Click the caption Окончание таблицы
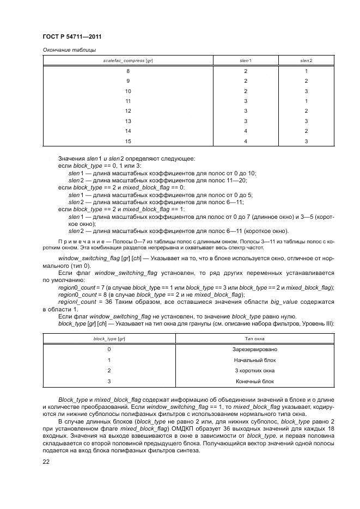(x=69, y=50)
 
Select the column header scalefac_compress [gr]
(x=128, y=60)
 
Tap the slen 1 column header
(x=246, y=60)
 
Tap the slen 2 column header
(x=306, y=60)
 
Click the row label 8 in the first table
(x=128, y=71)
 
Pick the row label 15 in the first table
(x=128, y=141)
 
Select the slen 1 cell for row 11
(x=246, y=101)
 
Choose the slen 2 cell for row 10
(x=306, y=91)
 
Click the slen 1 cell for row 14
(x=246, y=131)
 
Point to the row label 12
(x=128, y=111)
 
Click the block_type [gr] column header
(x=109, y=339)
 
